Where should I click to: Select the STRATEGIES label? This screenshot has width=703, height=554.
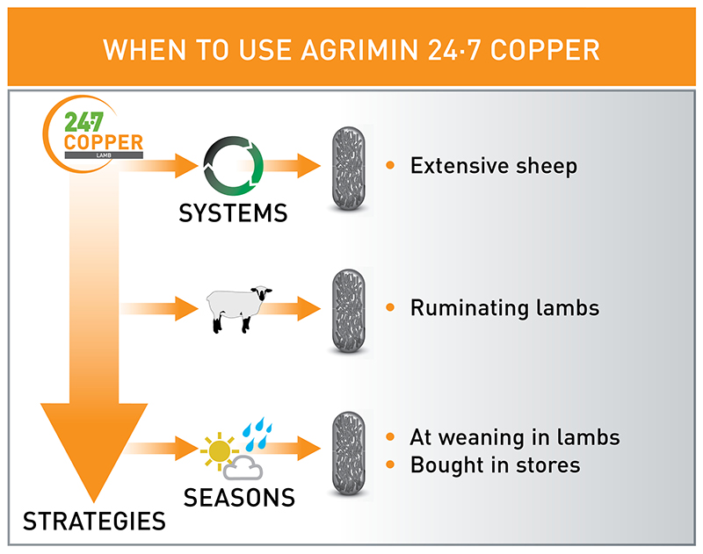point(94,522)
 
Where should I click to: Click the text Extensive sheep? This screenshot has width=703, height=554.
point(493,165)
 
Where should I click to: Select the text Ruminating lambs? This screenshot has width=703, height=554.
point(505,308)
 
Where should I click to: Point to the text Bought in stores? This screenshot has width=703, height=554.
point(496,464)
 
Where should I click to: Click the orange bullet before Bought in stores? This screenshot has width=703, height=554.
point(391,464)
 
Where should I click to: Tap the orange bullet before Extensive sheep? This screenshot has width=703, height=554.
point(391,165)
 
